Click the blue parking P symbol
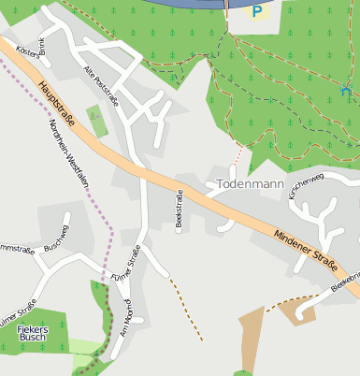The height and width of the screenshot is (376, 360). pos(257,11)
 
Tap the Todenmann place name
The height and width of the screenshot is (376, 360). pos(250,184)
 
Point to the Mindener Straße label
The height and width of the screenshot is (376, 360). pos(306,250)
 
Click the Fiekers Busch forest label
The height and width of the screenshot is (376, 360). pos(34,334)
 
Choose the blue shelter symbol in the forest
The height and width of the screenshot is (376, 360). pos(346,91)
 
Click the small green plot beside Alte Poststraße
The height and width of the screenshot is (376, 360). pos(96,121)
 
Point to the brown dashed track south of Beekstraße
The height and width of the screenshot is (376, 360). pos(187,310)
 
